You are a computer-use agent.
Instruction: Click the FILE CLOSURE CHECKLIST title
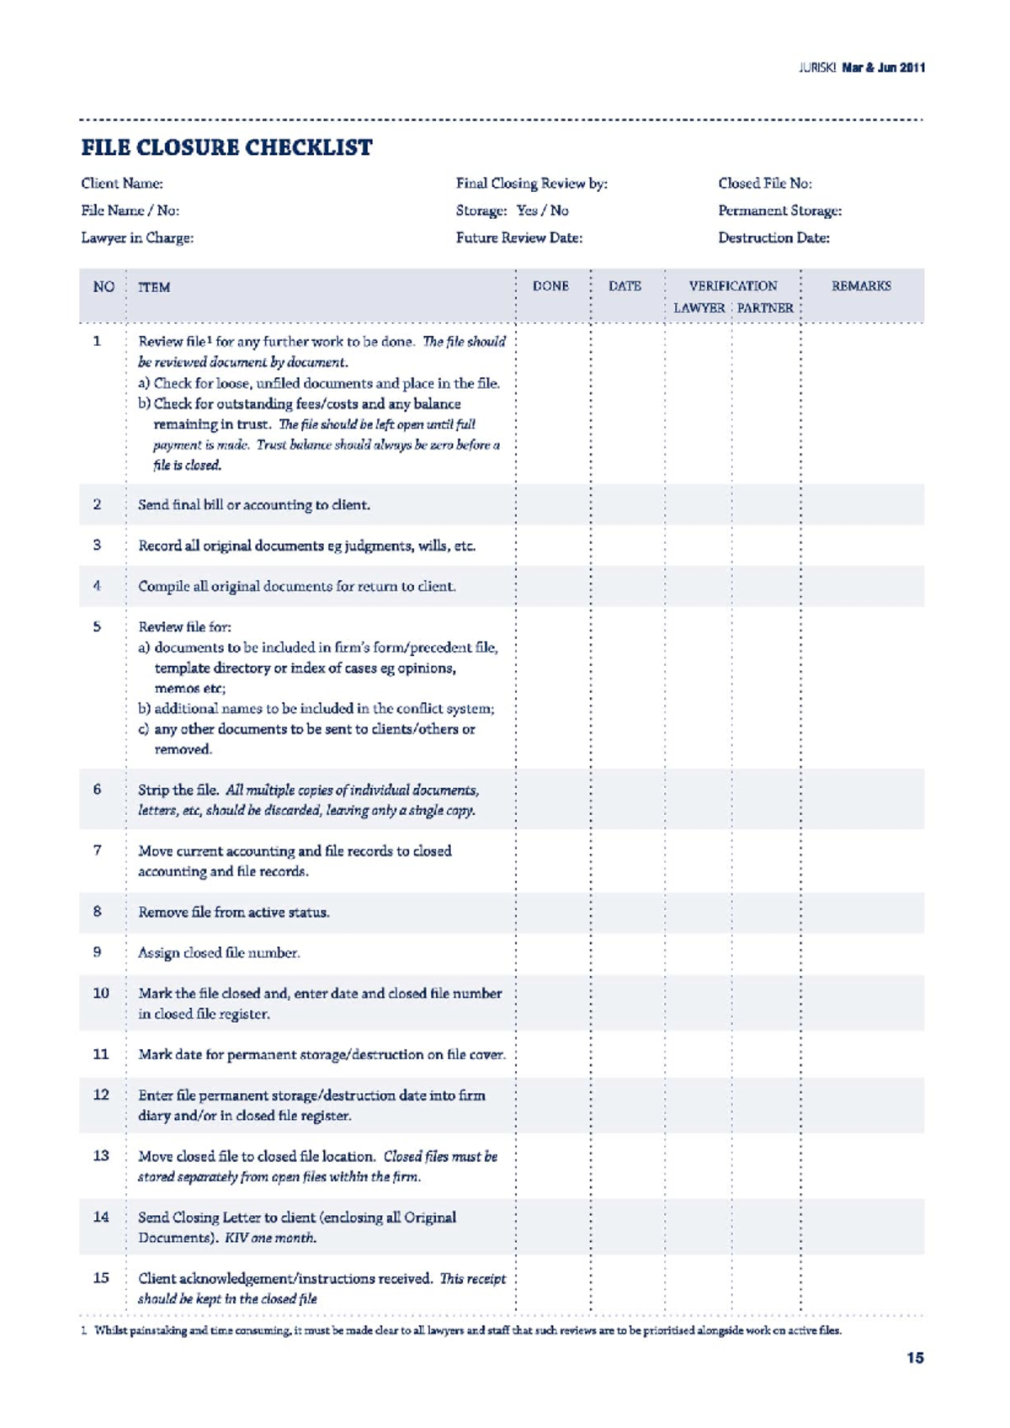226,147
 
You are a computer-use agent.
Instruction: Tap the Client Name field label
122,184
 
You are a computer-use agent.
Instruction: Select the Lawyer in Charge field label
137,237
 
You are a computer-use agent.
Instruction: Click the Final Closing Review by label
531,184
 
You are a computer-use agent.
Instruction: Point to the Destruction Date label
773,237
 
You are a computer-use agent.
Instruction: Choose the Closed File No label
764,184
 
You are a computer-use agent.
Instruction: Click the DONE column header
550,286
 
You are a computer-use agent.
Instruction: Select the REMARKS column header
860,286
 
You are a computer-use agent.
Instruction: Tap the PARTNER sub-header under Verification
765,308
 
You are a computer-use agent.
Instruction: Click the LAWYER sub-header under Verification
699,308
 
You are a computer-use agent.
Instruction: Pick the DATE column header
625,286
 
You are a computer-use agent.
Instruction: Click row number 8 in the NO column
98,911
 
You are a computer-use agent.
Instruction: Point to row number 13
101,1155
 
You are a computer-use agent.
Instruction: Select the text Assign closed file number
219,952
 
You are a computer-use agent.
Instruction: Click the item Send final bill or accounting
253,504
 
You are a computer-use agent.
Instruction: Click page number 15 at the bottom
915,1357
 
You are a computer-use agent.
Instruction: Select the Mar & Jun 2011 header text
883,67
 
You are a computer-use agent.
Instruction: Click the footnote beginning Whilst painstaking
467,1330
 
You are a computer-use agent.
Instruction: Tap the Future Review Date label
518,237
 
